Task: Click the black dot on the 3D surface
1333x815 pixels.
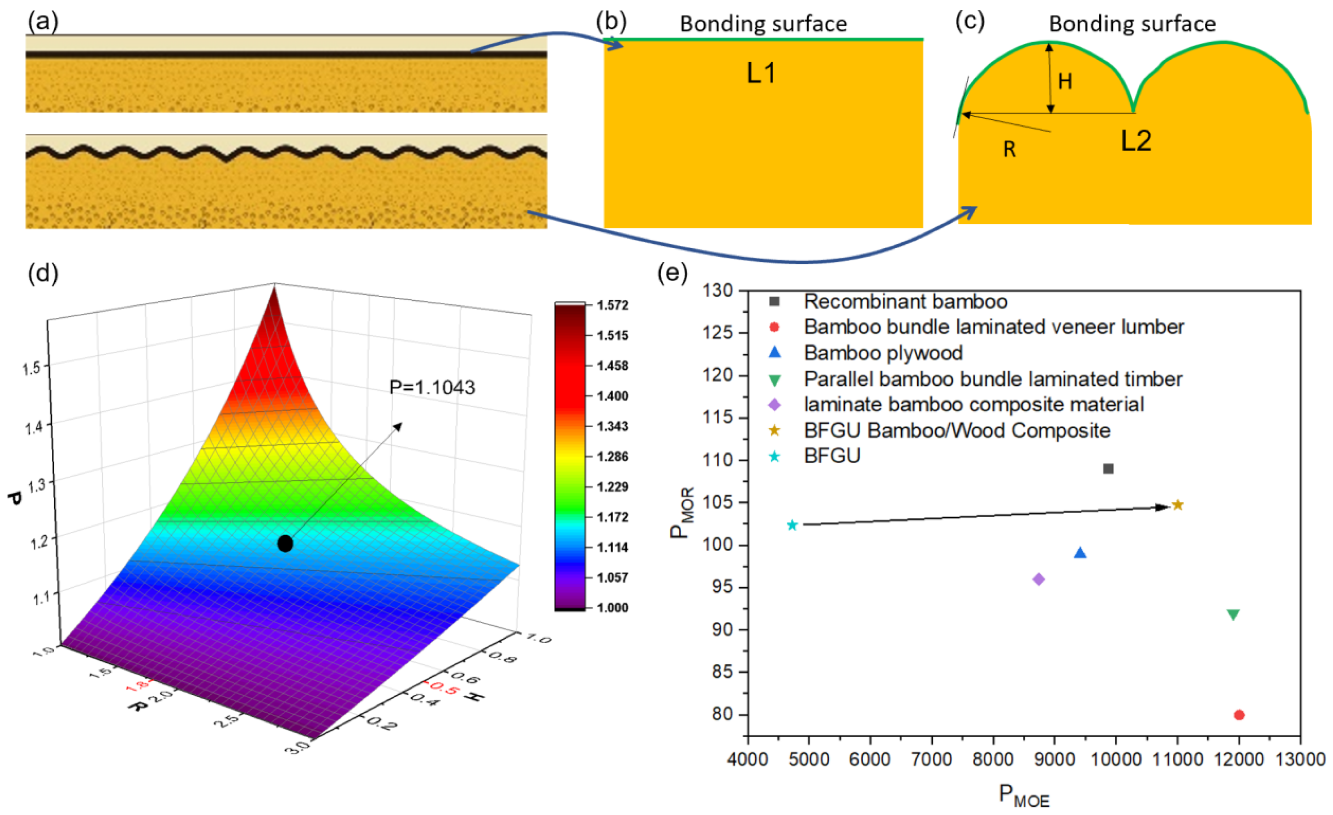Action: (x=285, y=544)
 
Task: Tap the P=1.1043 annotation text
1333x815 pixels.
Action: (x=432, y=387)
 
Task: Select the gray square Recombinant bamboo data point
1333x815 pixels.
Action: (x=1108, y=468)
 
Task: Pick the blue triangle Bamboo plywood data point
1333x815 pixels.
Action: (x=1080, y=553)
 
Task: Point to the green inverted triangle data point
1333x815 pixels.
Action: (x=1233, y=615)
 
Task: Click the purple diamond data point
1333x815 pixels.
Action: (x=1038, y=579)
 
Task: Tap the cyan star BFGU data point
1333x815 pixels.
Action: (x=792, y=525)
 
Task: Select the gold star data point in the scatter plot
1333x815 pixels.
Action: (x=1177, y=505)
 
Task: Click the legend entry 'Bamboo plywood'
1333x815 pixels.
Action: (x=883, y=352)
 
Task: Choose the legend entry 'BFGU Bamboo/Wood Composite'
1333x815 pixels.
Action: (x=956, y=431)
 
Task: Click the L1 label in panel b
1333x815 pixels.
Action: (x=761, y=73)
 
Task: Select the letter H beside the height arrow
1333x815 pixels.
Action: (x=1065, y=81)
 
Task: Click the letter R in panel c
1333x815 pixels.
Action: (x=1009, y=149)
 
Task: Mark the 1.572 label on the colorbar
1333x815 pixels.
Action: (x=612, y=305)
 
